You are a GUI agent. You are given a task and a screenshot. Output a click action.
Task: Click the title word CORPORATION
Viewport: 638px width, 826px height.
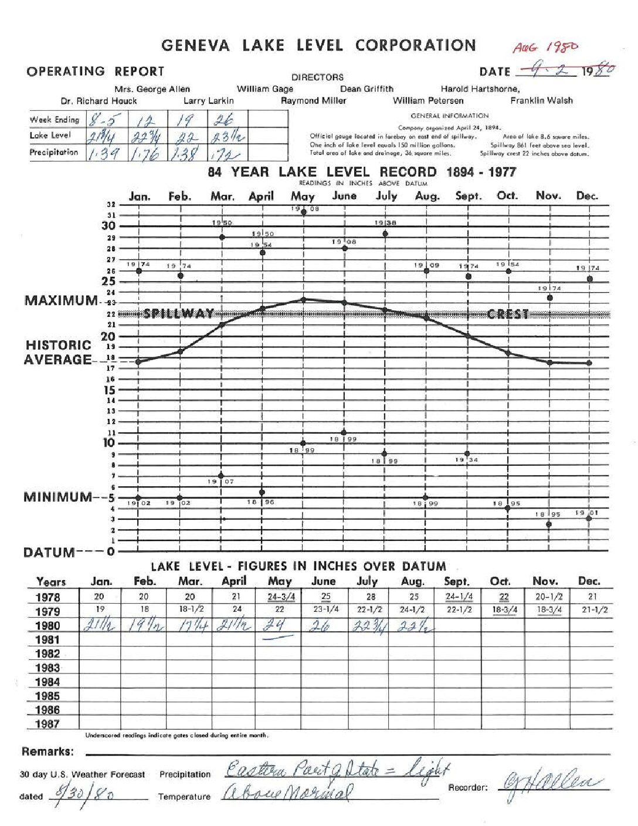coord(415,45)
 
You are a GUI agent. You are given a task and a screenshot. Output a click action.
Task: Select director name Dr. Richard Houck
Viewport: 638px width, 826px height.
coord(99,100)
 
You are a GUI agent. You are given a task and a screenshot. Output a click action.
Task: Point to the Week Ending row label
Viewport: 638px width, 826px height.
coord(55,120)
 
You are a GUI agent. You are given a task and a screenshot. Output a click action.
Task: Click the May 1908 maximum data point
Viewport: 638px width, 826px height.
coord(304,212)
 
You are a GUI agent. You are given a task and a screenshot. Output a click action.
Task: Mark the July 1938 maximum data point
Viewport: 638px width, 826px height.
coord(385,233)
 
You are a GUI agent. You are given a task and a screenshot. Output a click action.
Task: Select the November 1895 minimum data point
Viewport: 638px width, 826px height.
coord(549,524)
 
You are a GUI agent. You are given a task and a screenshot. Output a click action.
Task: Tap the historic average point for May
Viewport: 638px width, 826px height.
coord(304,300)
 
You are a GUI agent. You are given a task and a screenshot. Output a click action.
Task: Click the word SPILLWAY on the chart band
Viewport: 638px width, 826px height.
coord(179,314)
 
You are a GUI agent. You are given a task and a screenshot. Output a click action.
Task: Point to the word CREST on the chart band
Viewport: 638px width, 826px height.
coord(508,314)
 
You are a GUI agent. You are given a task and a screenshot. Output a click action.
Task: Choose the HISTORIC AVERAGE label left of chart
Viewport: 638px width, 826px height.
coord(58,353)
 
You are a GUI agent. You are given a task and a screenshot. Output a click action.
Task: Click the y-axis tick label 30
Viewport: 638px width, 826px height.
coord(108,226)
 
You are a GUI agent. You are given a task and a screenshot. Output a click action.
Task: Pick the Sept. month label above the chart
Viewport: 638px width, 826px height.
coord(468,196)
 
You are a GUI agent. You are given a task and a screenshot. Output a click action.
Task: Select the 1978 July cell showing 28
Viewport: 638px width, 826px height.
coord(371,597)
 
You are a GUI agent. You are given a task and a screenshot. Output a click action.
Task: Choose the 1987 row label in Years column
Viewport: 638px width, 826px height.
coord(47,724)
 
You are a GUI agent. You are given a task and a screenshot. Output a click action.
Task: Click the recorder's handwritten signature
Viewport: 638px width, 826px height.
coord(551,783)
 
